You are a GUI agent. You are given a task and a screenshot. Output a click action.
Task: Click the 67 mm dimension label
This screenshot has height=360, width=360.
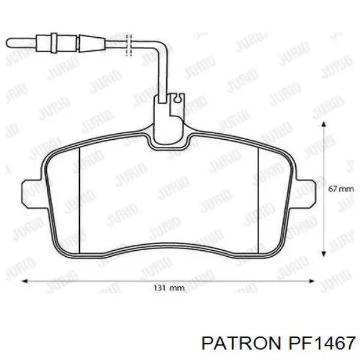coord(341,189)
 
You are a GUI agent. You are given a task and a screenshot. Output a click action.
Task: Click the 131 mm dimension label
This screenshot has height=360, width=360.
coord(169,287)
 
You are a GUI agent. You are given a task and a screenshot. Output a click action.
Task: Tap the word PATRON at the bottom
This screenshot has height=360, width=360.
coord(241,343)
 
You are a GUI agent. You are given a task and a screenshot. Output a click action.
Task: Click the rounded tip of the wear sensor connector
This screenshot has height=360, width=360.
coord(9,43)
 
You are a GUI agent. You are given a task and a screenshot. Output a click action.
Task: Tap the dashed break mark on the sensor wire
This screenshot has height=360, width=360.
coord(129,45)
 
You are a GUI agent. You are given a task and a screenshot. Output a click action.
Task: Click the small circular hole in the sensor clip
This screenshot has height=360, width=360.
coord(178,99)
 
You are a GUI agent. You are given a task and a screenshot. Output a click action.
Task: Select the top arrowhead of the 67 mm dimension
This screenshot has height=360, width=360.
coord(324,124)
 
